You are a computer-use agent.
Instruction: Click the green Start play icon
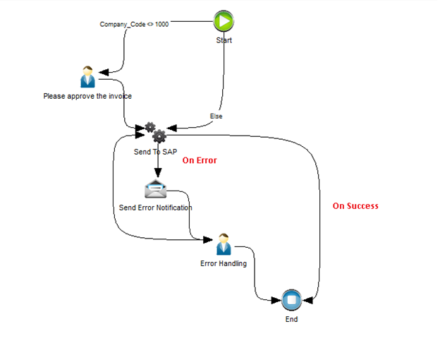click(224, 21)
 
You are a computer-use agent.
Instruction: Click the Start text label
click(224, 40)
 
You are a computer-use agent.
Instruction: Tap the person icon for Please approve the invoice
click(87, 76)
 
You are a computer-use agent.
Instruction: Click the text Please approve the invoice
click(87, 96)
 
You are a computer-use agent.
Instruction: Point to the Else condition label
click(216, 116)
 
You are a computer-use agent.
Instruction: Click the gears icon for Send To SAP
click(155, 132)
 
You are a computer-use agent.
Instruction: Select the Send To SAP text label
click(155, 152)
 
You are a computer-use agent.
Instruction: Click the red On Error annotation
click(200, 160)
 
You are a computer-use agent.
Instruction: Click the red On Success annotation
click(355, 206)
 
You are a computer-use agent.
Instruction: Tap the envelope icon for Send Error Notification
click(155, 189)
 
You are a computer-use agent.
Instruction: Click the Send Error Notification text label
click(155, 208)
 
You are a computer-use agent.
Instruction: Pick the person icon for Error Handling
click(224, 244)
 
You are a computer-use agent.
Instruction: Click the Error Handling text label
click(224, 264)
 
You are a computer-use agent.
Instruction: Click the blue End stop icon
click(291, 300)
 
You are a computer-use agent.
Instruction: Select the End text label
click(291, 319)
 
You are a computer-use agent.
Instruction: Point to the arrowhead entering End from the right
click(308, 301)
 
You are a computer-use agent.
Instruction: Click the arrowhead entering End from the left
click(275, 301)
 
